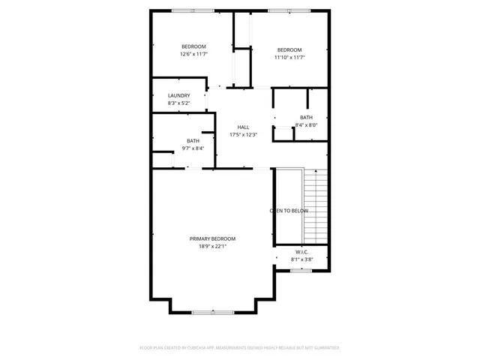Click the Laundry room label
coord(178,95)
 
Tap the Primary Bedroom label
coord(212,238)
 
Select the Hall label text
coord(243,127)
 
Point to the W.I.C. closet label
coord(302,253)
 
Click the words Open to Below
coord(289,211)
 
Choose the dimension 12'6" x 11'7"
coord(193,54)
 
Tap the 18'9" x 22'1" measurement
coord(212,246)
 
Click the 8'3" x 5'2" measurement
coord(178,103)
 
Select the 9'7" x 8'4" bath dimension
coord(193,148)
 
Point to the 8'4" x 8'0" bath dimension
coord(306,125)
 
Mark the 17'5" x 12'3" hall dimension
coord(243,134)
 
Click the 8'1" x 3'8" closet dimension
coord(302,260)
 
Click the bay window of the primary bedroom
coord(212,312)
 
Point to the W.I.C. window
coord(301,270)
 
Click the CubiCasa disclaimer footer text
coord(240,348)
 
